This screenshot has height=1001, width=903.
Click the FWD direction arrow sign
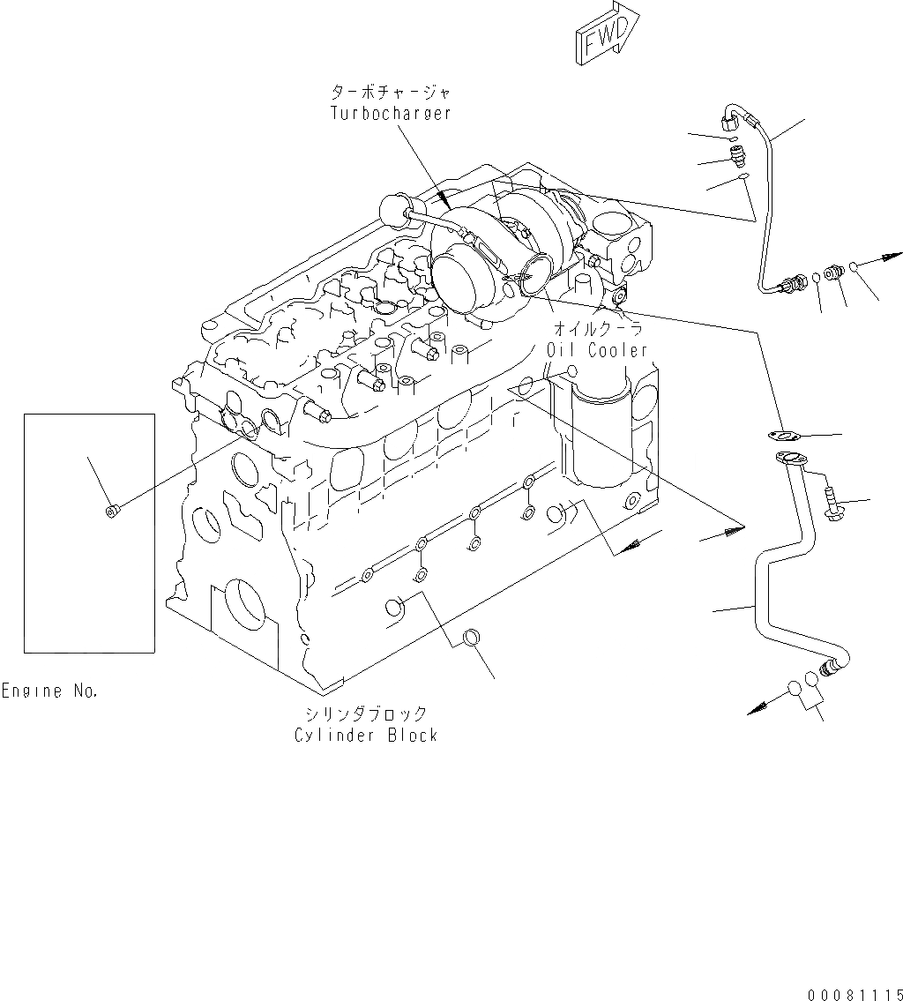click(606, 35)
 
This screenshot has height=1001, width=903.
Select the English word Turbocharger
click(391, 113)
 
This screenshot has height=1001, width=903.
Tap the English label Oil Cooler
click(596, 350)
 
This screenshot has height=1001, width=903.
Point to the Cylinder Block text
click(366, 735)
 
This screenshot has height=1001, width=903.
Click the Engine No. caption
click(49, 691)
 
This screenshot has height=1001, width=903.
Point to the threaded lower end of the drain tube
click(830, 669)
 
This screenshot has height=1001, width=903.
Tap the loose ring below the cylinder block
click(472, 636)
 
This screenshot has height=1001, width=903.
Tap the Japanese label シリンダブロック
click(366, 713)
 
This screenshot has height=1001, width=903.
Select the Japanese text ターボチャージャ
click(390, 92)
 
